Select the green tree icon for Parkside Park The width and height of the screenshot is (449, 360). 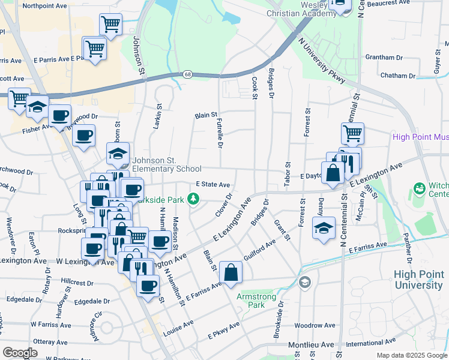193,197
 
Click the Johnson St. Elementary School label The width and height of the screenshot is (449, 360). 167,164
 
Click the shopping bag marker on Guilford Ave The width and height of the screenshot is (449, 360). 231,273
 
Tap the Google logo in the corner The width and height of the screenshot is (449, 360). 20,352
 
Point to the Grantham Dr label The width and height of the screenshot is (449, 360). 383,58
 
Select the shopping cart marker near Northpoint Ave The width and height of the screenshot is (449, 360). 110,24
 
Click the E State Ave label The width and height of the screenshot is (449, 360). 213,185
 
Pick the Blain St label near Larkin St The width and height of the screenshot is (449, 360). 205,115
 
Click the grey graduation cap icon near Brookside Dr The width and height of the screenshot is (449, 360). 305,281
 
